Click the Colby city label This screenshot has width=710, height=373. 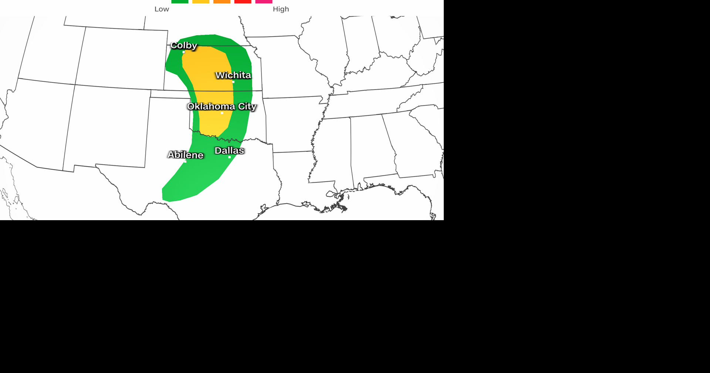[183, 46]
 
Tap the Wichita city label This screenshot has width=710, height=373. [233, 75]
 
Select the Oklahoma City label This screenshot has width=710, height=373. [222, 107]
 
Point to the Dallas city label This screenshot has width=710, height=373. [229, 151]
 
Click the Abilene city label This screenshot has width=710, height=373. [185, 155]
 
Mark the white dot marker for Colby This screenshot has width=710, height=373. [184, 52]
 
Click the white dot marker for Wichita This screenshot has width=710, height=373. [233, 82]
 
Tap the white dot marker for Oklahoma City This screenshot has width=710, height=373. [222, 113]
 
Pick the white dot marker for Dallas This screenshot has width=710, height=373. [230, 157]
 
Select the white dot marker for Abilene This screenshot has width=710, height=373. [185, 161]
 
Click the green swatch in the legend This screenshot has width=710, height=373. [180, 1]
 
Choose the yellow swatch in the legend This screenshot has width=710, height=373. [201, 1]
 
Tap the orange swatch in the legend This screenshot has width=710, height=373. [222, 1]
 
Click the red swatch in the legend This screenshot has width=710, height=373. [243, 1]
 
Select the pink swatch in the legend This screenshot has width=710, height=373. [264, 1]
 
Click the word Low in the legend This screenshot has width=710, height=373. [162, 9]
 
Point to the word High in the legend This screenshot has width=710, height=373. [281, 9]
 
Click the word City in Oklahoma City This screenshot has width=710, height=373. [247, 107]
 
